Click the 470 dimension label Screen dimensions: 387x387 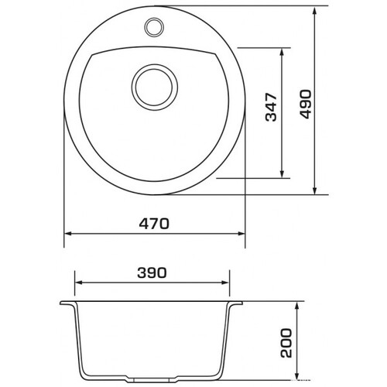[x=154, y=224]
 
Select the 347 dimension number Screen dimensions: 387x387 [x=271, y=107]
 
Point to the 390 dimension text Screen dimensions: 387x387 [x=152, y=272]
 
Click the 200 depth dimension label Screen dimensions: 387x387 [x=286, y=343]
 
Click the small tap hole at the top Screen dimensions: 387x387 [x=154, y=27]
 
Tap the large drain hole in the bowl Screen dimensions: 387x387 [x=154, y=87]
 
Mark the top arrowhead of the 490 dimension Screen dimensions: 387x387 [x=314, y=11]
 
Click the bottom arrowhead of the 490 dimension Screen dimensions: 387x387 [x=314, y=190]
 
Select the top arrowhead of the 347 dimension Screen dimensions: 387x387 [x=282, y=53]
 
